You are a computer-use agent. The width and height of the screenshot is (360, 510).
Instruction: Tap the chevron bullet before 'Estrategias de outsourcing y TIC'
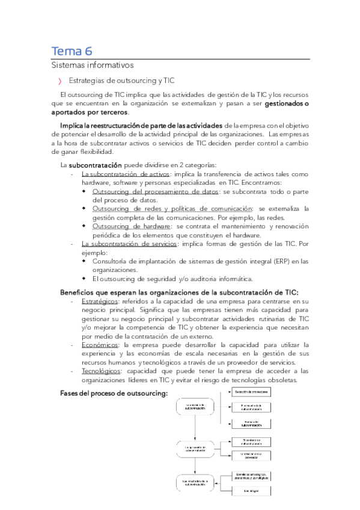pyautogui.click(x=59, y=81)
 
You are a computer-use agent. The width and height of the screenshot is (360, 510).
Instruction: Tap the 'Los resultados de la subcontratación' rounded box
pyautogui.click(x=195, y=482)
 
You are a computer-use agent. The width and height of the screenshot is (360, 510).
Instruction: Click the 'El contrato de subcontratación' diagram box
pyautogui.click(x=195, y=407)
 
